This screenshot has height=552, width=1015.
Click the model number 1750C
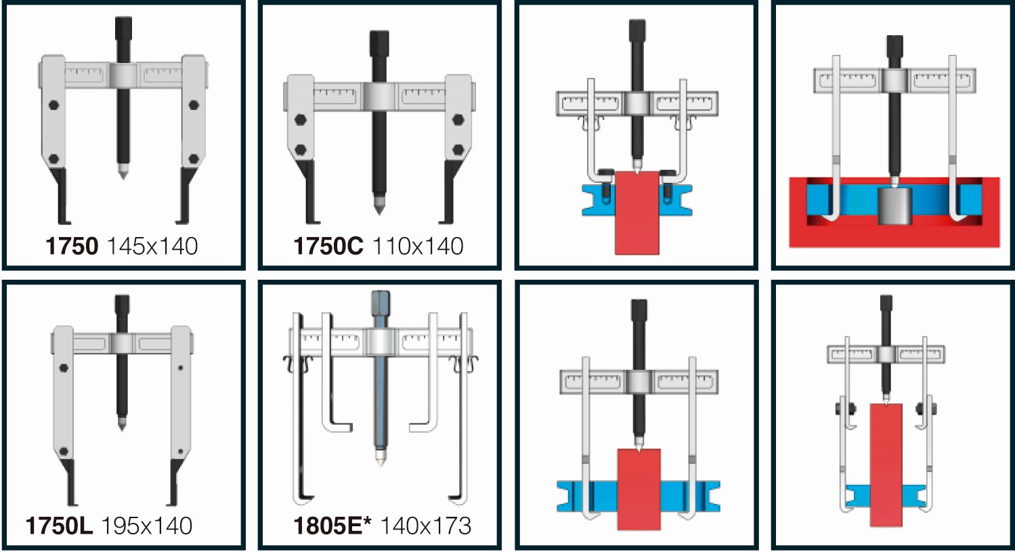pos(328,246)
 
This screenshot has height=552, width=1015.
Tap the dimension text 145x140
pos(152,246)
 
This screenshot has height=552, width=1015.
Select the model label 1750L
pos(59,526)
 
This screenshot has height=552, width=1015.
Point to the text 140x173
pos(425,526)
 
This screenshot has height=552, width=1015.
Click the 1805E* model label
pos(332,526)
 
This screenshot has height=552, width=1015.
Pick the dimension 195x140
pos(146,526)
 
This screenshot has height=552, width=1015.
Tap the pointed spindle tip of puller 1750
pos(123,173)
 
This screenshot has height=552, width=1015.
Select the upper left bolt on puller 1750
pos(53,105)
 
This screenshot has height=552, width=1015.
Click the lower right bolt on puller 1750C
pos(458,150)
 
